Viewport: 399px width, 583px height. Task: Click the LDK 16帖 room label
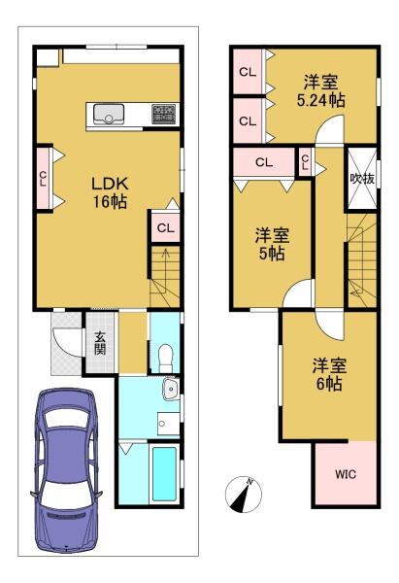(110, 192)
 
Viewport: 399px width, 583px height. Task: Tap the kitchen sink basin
(109, 114)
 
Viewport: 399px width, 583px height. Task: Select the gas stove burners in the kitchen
(163, 114)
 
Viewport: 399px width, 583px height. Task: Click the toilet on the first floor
(165, 358)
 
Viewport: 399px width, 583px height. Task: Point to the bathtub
(164, 474)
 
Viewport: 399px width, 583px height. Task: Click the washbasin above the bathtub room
(171, 389)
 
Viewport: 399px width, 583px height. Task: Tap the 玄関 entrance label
(100, 343)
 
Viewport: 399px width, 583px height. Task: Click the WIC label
(346, 474)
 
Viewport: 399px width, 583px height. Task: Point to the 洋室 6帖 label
(329, 375)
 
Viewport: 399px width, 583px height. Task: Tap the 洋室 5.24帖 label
(321, 91)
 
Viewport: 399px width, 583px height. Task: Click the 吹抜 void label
(362, 179)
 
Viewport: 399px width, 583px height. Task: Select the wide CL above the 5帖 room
(264, 162)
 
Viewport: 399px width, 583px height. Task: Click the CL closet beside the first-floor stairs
(165, 227)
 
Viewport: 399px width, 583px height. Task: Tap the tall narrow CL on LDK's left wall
(44, 179)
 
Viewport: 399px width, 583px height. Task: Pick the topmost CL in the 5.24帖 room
(248, 72)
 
